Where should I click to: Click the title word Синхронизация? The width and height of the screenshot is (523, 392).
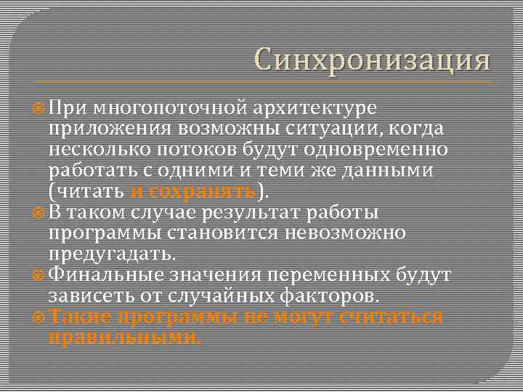click(373, 60)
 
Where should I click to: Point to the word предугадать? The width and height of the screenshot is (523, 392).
click(111, 255)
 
